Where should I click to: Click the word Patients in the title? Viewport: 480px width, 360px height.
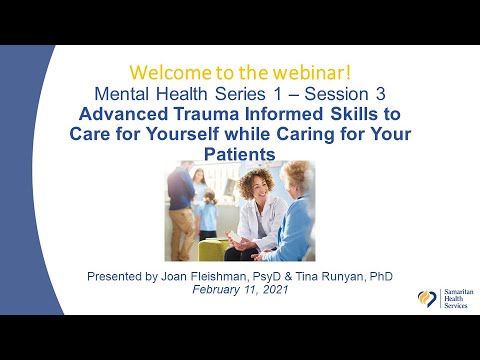pos(240,152)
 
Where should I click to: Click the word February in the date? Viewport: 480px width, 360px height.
pos(217,289)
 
